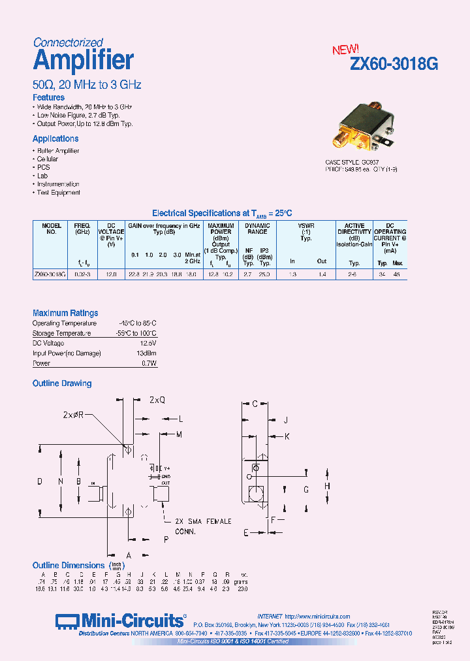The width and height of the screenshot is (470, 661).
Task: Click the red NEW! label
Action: [x=345, y=50]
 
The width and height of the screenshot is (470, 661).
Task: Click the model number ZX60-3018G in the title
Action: [x=394, y=64]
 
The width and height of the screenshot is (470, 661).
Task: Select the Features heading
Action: [x=48, y=97]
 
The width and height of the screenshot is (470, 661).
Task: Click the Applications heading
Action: [x=55, y=138]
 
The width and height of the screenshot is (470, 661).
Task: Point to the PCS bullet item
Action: [x=42, y=167]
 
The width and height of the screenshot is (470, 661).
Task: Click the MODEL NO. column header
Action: [x=51, y=229]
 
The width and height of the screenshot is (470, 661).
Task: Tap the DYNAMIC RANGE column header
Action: [x=256, y=229]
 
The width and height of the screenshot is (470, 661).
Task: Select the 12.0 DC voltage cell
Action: [x=110, y=275]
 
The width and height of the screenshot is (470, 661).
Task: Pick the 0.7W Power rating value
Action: [x=149, y=363]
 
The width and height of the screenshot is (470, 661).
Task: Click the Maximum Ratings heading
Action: [x=65, y=313]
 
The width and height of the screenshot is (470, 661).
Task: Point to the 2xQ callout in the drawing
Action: [x=157, y=399]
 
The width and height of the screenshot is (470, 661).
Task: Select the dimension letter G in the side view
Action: [x=305, y=489]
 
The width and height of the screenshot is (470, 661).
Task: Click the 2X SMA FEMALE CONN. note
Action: [x=203, y=526]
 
